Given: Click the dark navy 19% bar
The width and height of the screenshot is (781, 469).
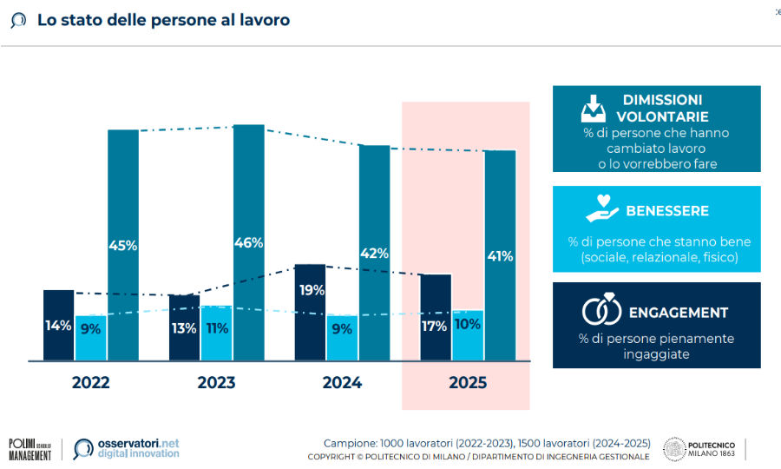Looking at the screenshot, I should coord(310,312).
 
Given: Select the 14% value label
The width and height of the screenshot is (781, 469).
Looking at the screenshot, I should coord(58,327).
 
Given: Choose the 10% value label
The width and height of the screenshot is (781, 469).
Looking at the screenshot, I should coord(467,325).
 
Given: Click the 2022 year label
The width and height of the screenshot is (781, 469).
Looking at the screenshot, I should coord(91,382).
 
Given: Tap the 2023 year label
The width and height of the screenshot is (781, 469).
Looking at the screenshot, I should coord(217,382).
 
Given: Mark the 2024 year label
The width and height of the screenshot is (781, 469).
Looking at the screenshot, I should coord(342,382).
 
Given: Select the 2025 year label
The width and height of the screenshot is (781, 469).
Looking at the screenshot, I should coord(468,382).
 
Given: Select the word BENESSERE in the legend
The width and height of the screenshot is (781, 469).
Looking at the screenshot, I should coord(667,211).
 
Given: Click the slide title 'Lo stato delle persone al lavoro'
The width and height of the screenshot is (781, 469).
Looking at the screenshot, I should coord(163,19).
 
